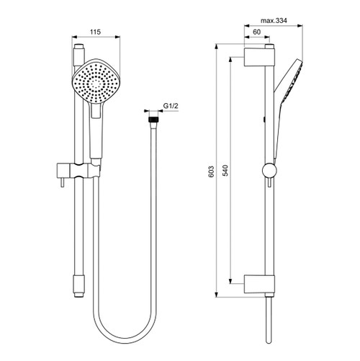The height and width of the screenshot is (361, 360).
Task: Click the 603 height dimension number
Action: (x=212, y=171)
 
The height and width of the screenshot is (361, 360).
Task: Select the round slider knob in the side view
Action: (x=269, y=171)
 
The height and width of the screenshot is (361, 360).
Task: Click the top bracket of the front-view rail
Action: (x=80, y=54)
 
